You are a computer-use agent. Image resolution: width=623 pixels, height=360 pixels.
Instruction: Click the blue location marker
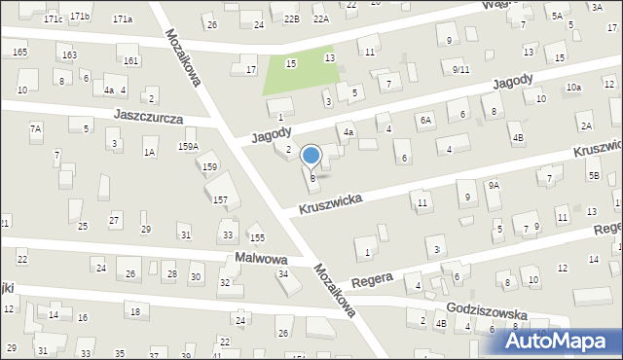point(311,156)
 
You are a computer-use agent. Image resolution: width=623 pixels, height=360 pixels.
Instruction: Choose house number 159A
point(188,147)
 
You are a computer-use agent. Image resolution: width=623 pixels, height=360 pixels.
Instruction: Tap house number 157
point(221,199)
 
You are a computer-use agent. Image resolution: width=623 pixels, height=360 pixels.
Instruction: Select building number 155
point(257,237)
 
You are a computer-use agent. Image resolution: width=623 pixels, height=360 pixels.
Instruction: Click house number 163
point(69,54)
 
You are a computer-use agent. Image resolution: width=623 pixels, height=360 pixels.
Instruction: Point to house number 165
point(20,52)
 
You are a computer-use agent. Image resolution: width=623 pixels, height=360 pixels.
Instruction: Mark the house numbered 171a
point(123,19)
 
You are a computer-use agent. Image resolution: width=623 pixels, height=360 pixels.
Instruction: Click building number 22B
point(291,18)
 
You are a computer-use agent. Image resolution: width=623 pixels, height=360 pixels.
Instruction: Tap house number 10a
point(574,88)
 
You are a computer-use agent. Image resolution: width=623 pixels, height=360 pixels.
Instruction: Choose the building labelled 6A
point(425,120)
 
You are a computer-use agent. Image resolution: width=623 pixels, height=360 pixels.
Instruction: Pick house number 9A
point(494,185)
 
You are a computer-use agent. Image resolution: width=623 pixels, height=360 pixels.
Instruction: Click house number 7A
point(36,128)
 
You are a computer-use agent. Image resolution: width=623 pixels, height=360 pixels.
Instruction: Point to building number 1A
point(149,152)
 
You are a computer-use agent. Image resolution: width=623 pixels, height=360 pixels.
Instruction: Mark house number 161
point(130,61)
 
